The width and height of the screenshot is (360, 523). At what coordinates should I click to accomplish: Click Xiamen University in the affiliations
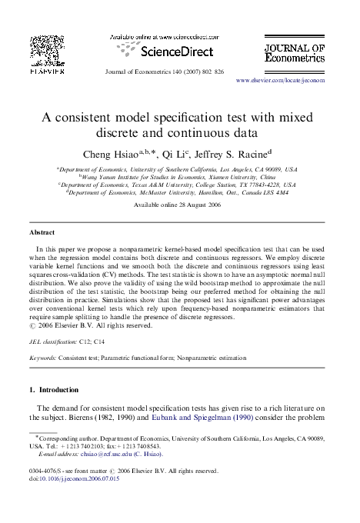coord(234,176)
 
